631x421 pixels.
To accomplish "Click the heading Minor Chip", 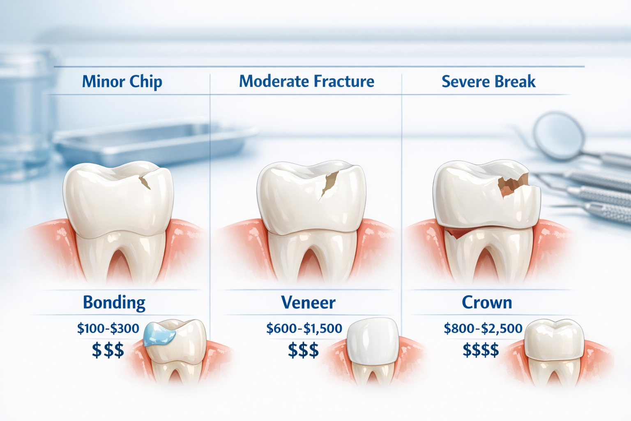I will [x=122, y=81].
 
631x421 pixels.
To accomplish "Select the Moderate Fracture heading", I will [x=306, y=81].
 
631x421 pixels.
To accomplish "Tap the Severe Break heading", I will [x=488, y=81].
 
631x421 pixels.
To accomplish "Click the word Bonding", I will [x=114, y=303].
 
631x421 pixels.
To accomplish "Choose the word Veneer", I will [x=308, y=303].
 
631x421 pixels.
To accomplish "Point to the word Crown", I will [x=487, y=303].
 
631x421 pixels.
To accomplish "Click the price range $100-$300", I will [x=108, y=328].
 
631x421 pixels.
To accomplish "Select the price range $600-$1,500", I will [x=304, y=328].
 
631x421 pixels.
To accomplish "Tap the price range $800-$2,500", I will [x=483, y=328].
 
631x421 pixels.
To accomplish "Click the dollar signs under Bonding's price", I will [x=108, y=350].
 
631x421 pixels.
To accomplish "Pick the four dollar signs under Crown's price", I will [x=481, y=350].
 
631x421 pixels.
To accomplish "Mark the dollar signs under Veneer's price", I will [x=303, y=350].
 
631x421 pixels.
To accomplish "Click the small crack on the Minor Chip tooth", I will [x=145, y=181].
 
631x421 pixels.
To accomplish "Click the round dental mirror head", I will [x=559, y=136].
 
